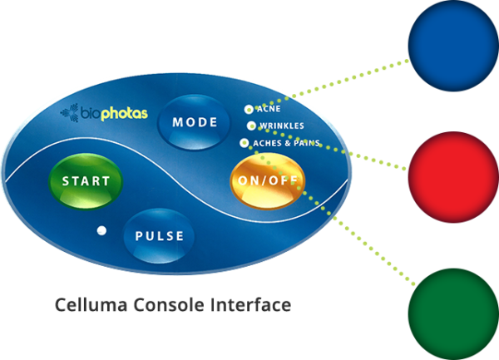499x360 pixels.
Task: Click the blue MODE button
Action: tap(195, 122)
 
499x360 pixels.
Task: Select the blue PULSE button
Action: tap(159, 235)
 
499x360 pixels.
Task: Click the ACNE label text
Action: tap(269, 109)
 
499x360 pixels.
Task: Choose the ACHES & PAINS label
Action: tap(285, 144)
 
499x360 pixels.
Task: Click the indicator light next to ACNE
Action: tap(248, 109)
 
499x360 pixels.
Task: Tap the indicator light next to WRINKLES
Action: tap(251, 126)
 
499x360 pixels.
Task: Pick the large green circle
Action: tap(452, 314)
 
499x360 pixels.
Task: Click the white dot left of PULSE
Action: tap(101, 230)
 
